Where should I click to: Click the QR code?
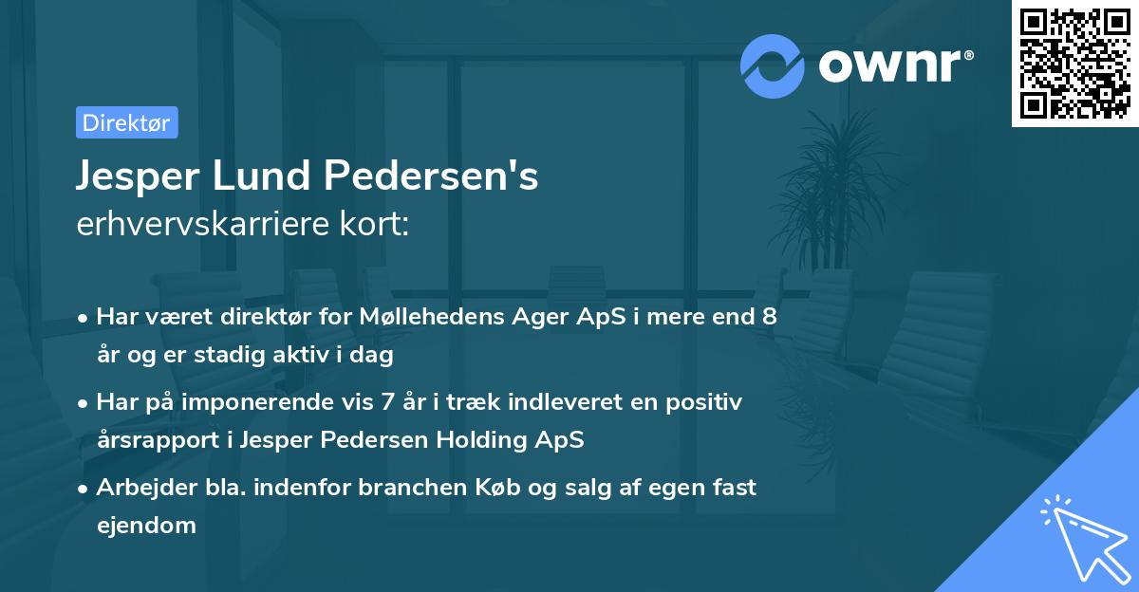point(1074,65)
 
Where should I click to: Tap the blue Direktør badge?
point(126,122)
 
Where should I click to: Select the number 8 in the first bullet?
point(769,316)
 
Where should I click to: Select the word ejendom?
point(146,525)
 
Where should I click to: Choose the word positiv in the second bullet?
point(706,401)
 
